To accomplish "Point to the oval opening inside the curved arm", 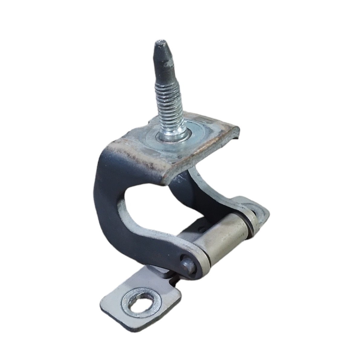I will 145,206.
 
